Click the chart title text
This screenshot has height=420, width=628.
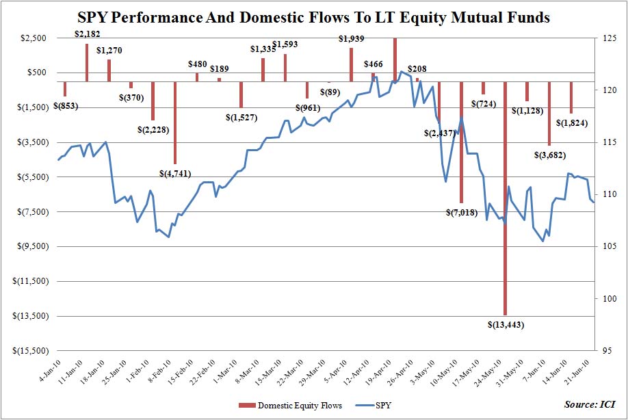click(x=314, y=18)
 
